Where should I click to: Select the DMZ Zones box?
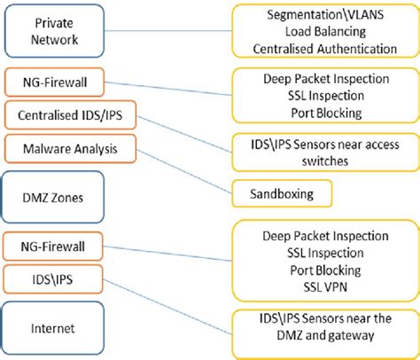55,198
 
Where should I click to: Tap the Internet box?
55,327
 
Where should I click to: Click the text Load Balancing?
324,32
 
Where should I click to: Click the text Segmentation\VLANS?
324,16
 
